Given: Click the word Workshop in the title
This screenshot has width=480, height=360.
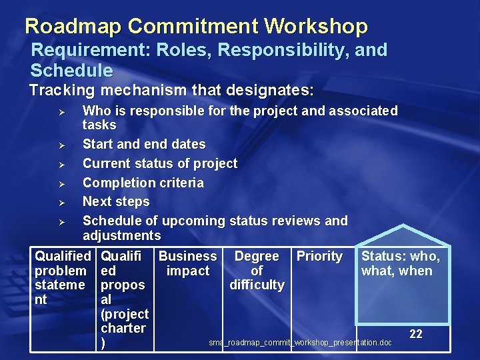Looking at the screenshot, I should pyautogui.click(x=315, y=26).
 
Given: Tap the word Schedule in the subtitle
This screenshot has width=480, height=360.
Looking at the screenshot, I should pyautogui.click(x=71, y=70).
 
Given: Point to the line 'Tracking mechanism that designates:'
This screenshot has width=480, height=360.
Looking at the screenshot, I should pyautogui.click(x=171, y=89).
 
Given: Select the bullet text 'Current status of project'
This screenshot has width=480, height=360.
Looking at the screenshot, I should pyautogui.click(x=159, y=163).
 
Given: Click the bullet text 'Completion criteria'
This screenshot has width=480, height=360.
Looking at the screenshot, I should pyautogui.click(x=143, y=183).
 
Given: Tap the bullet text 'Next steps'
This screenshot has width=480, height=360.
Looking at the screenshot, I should pyautogui.click(x=116, y=201).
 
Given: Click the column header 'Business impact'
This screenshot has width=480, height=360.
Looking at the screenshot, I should pyautogui.click(x=187, y=263).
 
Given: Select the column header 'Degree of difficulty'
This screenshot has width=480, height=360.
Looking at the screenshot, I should pyautogui.click(x=257, y=270).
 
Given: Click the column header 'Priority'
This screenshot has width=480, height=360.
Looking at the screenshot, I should pyautogui.click(x=319, y=256).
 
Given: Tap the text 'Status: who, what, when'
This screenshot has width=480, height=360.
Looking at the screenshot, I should pyautogui.click(x=400, y=263).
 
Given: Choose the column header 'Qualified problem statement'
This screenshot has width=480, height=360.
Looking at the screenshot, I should pyautogui.click(x=62, y=277).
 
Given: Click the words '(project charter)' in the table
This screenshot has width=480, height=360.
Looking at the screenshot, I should pyautogui.click(x=124, y=328).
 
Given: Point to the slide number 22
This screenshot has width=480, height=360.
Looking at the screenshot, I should pyautogui.click(x=415, y=334).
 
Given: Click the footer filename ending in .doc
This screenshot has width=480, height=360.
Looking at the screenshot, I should pyautogui.click(x=300, y=343).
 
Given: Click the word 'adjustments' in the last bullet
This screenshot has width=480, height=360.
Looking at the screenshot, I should pyautogui.click(x=121, y=235).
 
